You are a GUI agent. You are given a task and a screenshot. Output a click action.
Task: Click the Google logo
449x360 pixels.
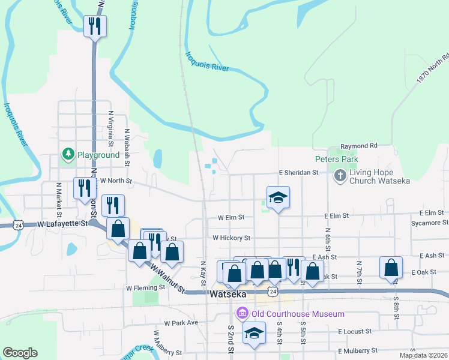[x=20, y=353]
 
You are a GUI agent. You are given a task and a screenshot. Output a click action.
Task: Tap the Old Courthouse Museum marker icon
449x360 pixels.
[x=242, y=313]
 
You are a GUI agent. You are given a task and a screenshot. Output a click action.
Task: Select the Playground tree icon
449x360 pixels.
[x=69, y=154]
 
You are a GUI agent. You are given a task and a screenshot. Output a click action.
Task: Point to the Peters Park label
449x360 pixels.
[x=337, y=160]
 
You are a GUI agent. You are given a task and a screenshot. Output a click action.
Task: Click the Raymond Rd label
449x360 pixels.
[x=359, y=146]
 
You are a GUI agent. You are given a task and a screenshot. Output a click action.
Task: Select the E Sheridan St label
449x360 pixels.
[x=298, y=173]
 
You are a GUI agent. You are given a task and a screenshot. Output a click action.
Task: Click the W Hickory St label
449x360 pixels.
[x=231, y=238]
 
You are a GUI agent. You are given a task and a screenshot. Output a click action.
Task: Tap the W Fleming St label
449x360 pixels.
[x=145, y=288]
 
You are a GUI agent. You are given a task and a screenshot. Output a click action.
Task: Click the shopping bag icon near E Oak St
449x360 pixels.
[x=391, y=267]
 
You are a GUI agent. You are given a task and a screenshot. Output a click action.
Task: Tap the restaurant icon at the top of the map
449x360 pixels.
[x=95, y=26]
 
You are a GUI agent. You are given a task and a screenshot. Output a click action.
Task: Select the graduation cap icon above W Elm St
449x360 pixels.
[x=278, y=197]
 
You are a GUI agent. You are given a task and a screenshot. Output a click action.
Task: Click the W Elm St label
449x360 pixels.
[x=231, y=217]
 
